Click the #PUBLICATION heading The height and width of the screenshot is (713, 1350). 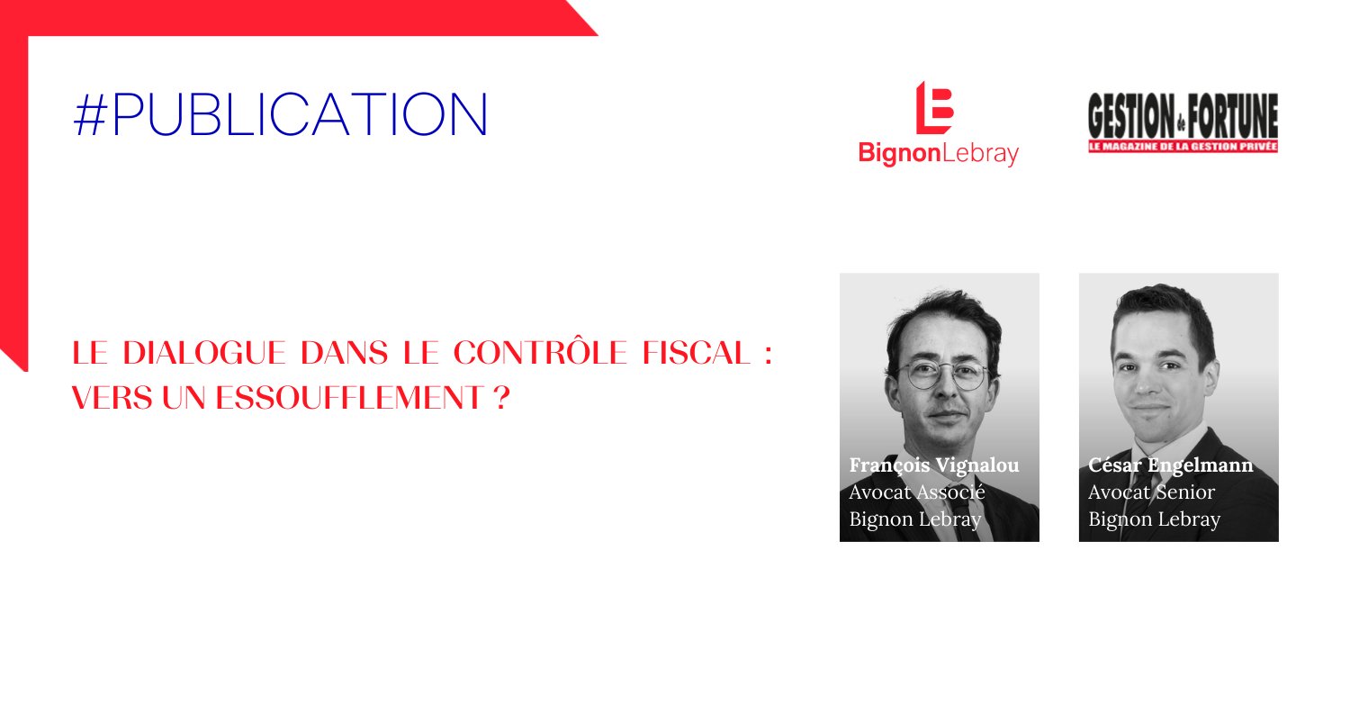[x=280, y=114]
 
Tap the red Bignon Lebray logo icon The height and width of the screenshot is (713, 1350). [x=934, y=107]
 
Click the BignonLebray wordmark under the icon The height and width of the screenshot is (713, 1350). [x=939, y=153]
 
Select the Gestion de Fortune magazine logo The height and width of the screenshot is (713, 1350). [x=1183, y=123]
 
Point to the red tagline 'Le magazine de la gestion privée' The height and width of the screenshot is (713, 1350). [x=1183, y=147]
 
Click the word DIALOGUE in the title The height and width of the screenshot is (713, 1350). [x=203, y=353]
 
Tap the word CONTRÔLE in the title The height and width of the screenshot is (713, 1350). [x=540, y=351]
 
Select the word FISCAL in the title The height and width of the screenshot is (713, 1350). [x=696, y=353]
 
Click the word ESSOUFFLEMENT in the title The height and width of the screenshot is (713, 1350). [x=349, y=399]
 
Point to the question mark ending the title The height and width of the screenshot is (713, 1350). [x=501, y=399]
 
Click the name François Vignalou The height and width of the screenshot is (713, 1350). [x=934, y=465]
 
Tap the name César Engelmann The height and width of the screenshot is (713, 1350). [x=1170, y=465]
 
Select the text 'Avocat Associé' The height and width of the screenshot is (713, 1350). [x=917, y=492]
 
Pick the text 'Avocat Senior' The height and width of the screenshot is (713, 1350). [x=1151, y=492]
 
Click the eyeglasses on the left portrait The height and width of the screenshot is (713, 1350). [x=942, y=376]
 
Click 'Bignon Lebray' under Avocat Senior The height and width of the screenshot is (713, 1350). [x=1154, y=519]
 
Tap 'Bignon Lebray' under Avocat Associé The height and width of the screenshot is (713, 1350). [x=915, y=519]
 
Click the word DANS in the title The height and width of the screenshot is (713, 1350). [x=344, y=353]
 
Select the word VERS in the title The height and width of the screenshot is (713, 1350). [x=112, y=399]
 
